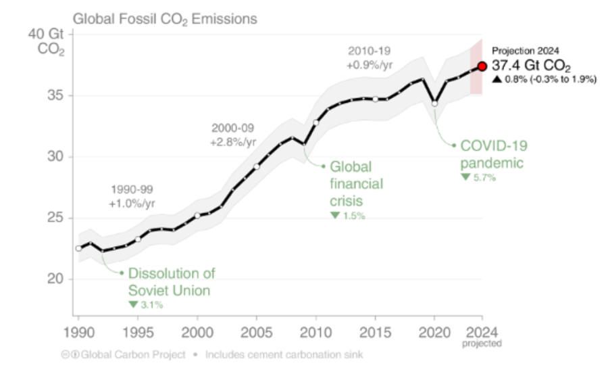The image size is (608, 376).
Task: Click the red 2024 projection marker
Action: pyautogui.click(x=482, y=66)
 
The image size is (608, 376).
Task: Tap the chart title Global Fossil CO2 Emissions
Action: pyautogui.click(x=165, y=19)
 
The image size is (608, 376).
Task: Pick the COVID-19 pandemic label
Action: pyautogui.click(x=493, y=154)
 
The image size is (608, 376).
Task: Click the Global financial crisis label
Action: pyautogui.click(x=356, y=183)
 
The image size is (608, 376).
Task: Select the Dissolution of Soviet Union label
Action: pyautogui.click(x=172, y=282)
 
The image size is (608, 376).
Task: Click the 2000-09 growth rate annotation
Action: pyautogui.click(x=233, y=135)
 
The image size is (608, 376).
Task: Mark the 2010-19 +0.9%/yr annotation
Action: pyautogui.click(x=370, y=57)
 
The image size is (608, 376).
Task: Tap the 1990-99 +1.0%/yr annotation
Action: pyautogui.click(x=132, y=196)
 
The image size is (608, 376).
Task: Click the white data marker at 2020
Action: pyautogui.click(x=434, y=103)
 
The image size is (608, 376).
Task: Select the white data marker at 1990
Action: pyautogui.click(x=78, y=248)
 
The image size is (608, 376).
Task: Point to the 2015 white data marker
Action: pyautogui.click(x=376, y=99)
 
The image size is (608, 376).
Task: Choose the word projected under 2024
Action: pyautogui.click(x=482, y=344)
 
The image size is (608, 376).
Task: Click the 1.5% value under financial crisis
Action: pyautogui.click(x=349, y=216)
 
